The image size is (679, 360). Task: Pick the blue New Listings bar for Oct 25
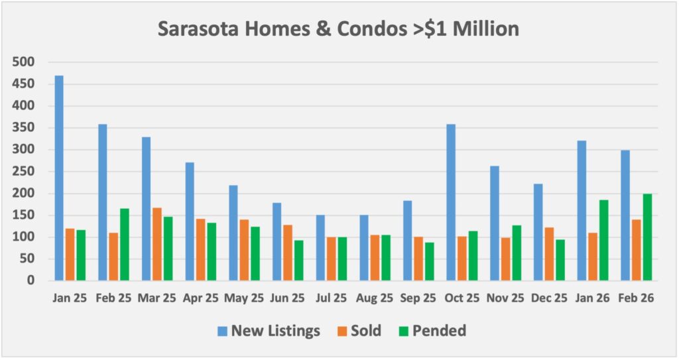pos(451,202)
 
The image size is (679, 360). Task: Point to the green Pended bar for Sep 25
pos(429,261)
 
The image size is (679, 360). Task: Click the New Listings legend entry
pos(269,330)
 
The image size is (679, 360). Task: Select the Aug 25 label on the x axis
pos(375,299)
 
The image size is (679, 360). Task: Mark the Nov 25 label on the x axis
pos(505,299)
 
